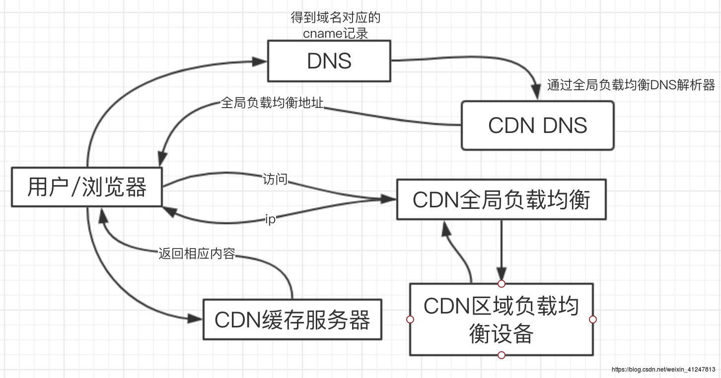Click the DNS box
pos(329,61)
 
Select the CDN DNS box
pos(537,126)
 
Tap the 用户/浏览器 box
pos(87,188)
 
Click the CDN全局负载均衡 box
pos(501,199)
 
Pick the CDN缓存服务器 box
pos(292,319)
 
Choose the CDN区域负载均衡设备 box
pos(501,319)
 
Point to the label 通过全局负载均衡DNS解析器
pos(631,85)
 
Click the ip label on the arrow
pos(270,219)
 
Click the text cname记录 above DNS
pos(336,33)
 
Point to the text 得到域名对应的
pos(336,18)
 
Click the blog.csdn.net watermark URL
pos(663,370)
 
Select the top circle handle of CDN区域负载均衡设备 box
pos(502,284)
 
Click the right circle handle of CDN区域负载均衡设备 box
pos(592,319)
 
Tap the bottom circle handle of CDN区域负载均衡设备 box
pos(502,355)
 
